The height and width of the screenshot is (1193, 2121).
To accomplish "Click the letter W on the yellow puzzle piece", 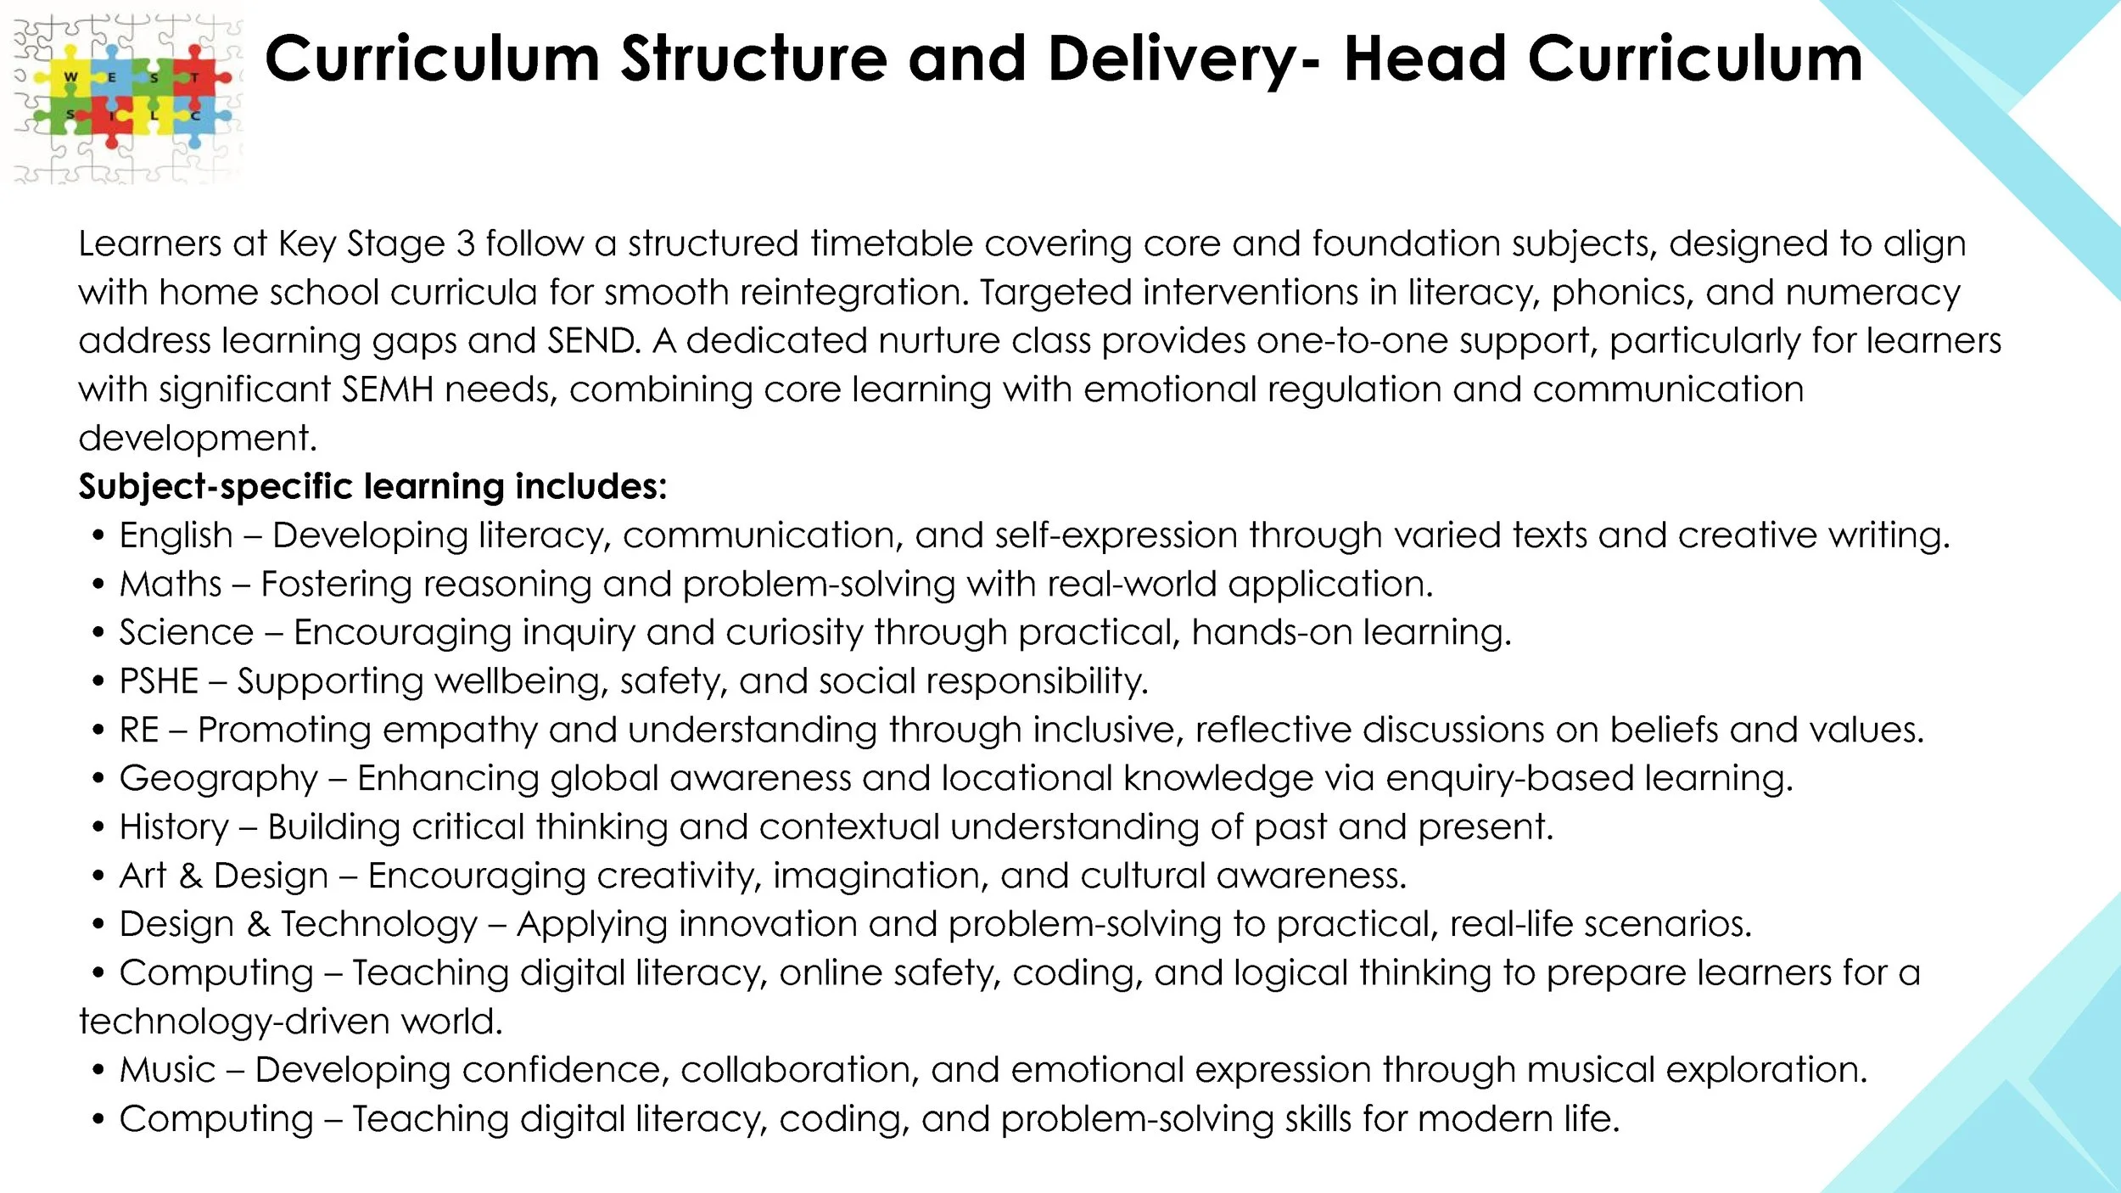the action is tap(70, 77).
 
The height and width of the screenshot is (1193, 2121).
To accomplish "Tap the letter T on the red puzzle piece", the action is tap(195, 78).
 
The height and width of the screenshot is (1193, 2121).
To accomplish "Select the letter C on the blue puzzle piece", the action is tap(195, 115).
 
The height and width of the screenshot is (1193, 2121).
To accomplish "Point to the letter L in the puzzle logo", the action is tap(154, 115).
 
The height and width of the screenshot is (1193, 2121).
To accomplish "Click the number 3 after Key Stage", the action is tap(466, 244).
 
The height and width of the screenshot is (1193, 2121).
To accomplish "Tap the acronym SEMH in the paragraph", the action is tap(388, 390).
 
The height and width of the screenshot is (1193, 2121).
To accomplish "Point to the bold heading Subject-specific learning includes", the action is tap(372, 487).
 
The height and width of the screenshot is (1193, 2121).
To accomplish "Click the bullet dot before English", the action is tap(99, 536).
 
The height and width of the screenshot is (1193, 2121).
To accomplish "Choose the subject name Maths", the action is tap(171, 585).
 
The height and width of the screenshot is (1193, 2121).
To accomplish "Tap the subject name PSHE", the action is tap(159, 681).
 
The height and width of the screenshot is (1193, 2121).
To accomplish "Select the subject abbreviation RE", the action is tap(139, 731).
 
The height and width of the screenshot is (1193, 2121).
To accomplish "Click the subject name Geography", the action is tap(219, 779).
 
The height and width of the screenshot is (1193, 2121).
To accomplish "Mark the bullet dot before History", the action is tap(99, 827).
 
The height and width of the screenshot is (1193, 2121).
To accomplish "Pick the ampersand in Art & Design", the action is tap(191, 877).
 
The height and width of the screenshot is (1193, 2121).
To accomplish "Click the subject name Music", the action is tap(168, 1071).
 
